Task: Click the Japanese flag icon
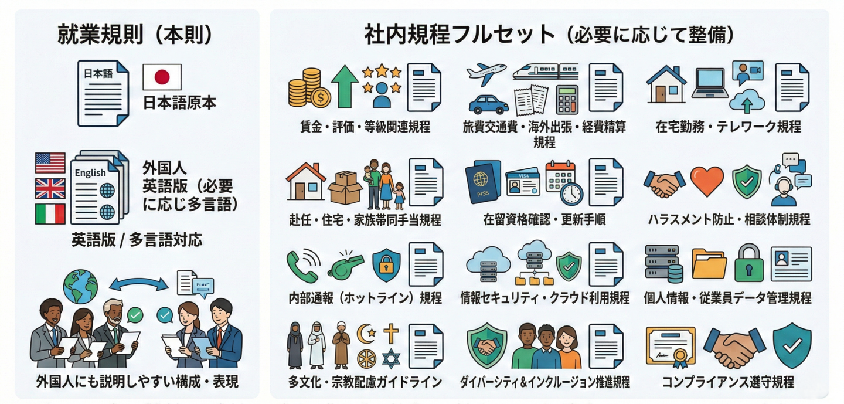(162, 77)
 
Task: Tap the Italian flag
(50, 213)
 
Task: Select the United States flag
(50, 162)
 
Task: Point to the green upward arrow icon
(344, 86)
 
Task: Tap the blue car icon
(488, 104)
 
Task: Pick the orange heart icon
(707, 182)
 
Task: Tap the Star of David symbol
(390, 358)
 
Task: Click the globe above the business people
(80, 286)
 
